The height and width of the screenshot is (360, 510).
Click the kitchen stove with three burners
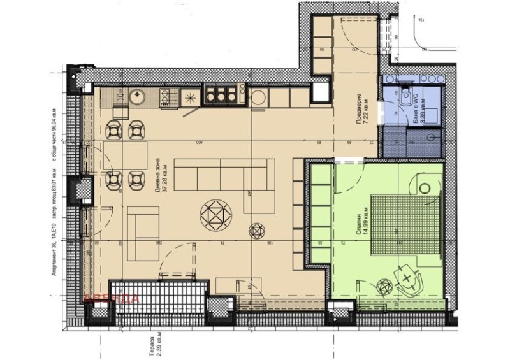coord(221,97)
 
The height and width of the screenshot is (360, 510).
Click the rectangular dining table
coord(124,155)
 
